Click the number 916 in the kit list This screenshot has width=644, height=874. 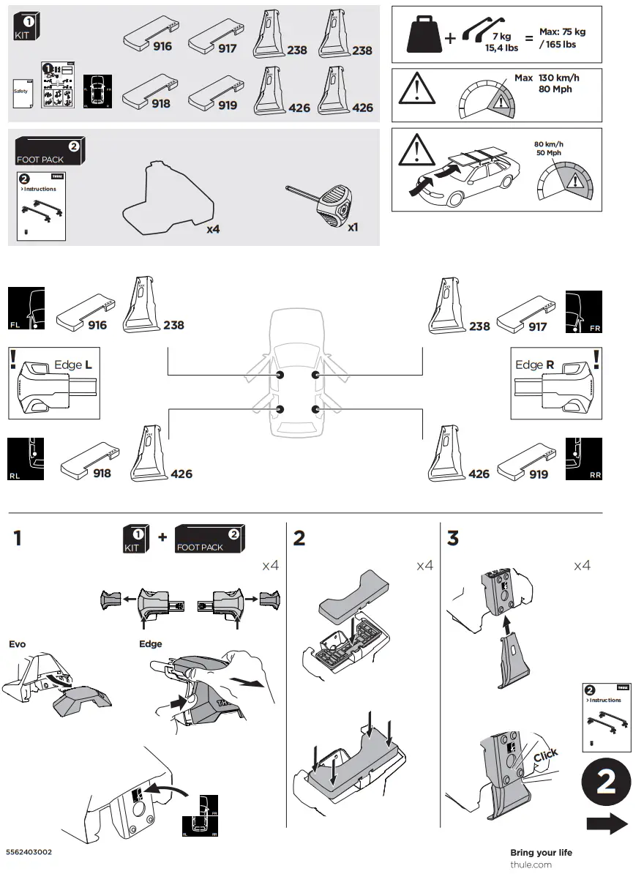click(x=161, y=46)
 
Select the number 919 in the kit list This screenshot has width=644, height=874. click(x=227, y=105)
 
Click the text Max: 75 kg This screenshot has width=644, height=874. click(x=562, y=32)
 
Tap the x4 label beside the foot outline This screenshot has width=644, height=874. click(x=213, y=229)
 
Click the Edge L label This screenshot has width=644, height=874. click(x=73, y=365)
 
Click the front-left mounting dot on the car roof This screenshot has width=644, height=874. click(x=280, y=375)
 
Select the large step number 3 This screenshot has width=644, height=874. click(x=453, y=538)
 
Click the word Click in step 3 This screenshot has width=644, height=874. click(x=546, y=755)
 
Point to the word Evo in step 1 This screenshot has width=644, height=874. click(x=17, y=644)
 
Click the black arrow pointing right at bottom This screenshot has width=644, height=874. click(x=607, y=824)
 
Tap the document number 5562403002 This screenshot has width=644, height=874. click(x=29, y=853)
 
